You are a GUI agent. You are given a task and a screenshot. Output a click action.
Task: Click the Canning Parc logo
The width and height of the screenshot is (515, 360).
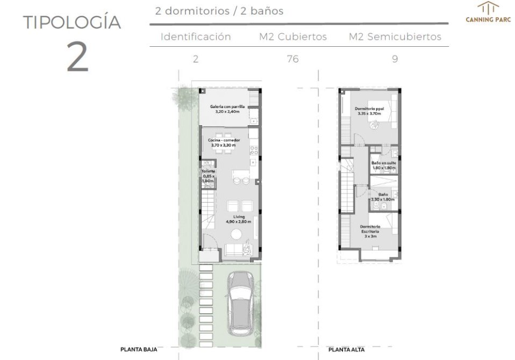coord(488,12)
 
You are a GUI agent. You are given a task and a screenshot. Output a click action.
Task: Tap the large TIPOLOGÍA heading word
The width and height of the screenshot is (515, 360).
coord(72,21)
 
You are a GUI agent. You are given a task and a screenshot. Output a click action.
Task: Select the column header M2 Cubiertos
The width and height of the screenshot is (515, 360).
coord(292,37)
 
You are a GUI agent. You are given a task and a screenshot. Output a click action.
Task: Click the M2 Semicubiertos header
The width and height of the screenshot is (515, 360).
coord(395,37)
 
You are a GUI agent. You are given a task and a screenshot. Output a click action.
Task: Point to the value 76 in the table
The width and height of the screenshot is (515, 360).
coord(292,59)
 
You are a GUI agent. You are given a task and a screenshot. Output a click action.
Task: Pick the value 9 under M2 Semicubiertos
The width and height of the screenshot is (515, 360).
coord(395,59)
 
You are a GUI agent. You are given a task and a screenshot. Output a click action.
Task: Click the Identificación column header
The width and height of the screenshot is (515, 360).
coord(196,37)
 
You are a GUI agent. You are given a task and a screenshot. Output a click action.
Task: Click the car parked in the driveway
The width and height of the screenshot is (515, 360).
coord(241,304)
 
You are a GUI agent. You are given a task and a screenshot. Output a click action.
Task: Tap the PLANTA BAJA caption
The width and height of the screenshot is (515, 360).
coord(139,349)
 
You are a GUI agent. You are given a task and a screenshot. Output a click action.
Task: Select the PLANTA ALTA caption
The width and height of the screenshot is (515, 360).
coord(346,349)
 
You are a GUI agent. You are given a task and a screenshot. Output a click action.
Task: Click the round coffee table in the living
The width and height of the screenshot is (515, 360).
coord(237,234)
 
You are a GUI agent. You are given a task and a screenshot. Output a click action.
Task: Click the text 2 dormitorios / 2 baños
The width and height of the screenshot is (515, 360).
coord(219,11)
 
